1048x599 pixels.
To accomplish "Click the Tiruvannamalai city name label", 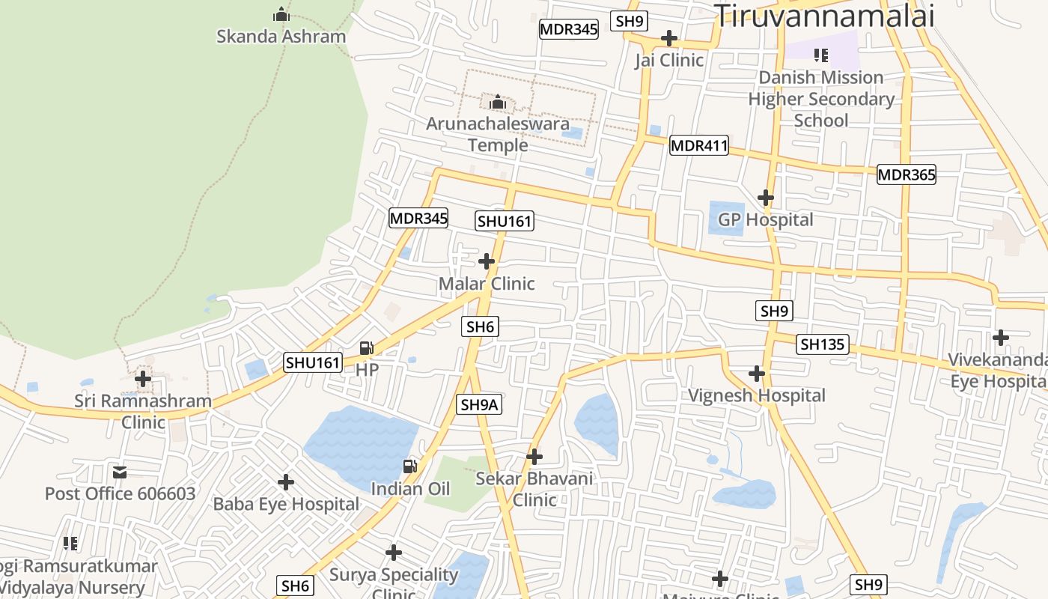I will (x=824, y=15).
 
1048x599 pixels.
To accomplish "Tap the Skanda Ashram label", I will (x=281, y=36).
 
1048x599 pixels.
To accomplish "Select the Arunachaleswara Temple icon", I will (x=497, y=102).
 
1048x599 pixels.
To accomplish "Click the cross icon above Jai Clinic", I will (x=669, y=38).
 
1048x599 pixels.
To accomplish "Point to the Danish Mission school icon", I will (x=821, y=55).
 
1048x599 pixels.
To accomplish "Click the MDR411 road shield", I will (x=698, y=145).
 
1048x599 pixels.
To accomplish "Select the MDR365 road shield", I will (x=907, y=174).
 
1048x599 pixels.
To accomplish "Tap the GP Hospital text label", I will (x=765, y=220).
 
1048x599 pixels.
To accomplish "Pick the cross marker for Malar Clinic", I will (x=487, y=261).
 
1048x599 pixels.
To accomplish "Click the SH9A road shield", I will (x=479, y=405).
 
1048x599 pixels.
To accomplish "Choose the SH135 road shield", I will (x=823, y=344).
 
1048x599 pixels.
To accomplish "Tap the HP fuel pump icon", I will (x=367, y=347).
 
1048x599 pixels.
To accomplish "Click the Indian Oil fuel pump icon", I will (x=410, y=466).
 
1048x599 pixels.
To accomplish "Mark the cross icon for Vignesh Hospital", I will (x=757, y=373).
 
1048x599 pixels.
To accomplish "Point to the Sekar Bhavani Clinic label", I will (x=534, y=489).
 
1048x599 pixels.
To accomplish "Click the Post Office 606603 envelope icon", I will (x=120, y=472).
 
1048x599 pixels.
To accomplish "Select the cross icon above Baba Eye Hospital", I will (x=286, y=482).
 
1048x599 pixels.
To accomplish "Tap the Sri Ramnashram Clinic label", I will (x=143, y=411).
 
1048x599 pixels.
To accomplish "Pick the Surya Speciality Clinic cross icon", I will (x=394, y=553).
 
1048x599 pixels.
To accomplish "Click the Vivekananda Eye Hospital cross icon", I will (x=1001, y=338).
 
